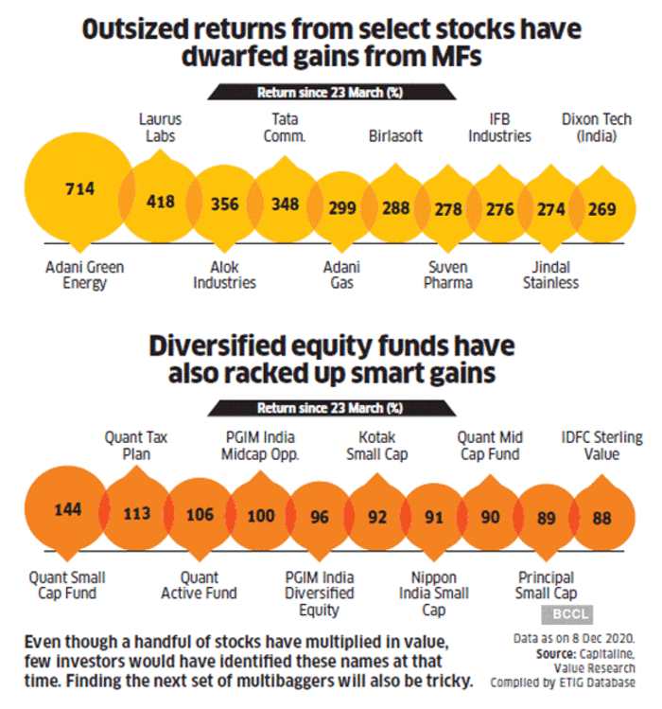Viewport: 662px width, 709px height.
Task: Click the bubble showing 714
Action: [79, 190]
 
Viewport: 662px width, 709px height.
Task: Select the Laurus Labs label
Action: [160, 128]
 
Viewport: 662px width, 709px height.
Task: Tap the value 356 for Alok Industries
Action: [224, 204]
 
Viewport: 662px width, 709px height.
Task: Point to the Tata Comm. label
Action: [285, 128]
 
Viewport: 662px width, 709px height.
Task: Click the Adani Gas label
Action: [341, 275]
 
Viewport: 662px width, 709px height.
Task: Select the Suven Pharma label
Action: [448, 275]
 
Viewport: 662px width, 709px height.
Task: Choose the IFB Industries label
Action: [499, 128]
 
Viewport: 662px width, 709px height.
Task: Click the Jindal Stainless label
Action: [550, 275]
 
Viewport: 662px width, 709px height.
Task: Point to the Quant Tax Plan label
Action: [136, 446]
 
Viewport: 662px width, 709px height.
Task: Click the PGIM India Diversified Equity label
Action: [320, 594]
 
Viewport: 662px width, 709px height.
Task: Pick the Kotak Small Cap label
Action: [376, 446]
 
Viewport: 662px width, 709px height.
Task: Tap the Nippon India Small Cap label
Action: [434, 594]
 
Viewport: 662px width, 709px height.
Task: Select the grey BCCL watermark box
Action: [567, 614]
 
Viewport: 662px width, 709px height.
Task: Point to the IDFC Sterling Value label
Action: [601, 446]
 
